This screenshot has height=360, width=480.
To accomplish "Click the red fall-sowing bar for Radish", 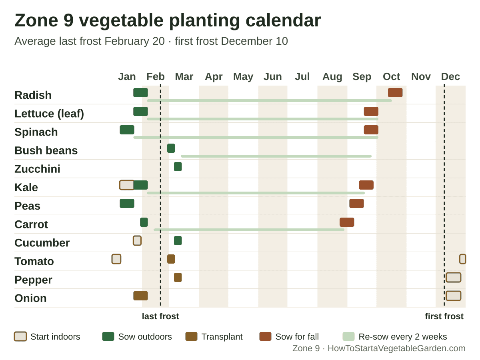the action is (x=395, y=93).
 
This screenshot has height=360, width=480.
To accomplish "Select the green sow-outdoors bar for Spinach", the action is (x=127, y=130).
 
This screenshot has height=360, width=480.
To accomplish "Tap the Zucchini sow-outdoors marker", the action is (x=178, y=166).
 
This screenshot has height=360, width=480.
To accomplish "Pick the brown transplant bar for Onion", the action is (x=140, y=296).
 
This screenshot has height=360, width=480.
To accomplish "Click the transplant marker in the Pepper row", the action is (x=178, y=277).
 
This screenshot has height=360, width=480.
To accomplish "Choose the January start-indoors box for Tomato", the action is (x=116, y=259).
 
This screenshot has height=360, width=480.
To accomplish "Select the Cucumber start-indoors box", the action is (x=137, y=241).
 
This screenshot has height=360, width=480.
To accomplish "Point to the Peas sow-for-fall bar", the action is (x=356, y=204).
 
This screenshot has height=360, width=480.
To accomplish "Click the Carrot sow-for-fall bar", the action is (x=347, y=222).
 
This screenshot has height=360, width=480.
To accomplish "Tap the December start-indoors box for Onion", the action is (x=453, y=296).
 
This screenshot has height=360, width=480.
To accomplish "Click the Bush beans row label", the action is (x=46, y=150).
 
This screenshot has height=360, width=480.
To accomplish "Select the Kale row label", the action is (x=26, y=187).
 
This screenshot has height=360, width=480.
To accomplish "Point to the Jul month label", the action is (x=302, y=76).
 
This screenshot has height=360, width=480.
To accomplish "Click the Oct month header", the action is (x=391, y=76).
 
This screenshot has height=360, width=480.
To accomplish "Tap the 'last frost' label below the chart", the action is (x=160, y=316).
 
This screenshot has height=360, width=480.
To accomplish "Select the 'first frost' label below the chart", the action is (x=444, y=316).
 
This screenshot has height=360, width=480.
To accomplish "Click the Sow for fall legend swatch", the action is (x=265, y=336).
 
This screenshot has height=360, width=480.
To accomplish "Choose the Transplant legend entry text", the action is (x=222, y=337).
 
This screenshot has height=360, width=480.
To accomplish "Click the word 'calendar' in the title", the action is (x=283, y=20).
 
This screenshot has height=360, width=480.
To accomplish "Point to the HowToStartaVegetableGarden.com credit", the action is (x=396, y=348).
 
